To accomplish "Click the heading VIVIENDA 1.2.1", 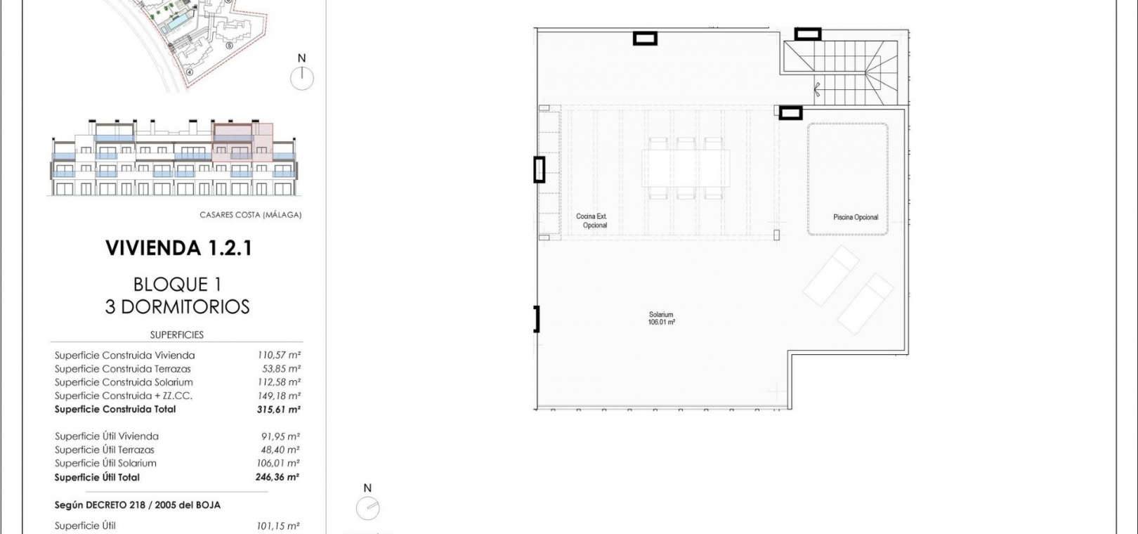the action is (x=178, y=248).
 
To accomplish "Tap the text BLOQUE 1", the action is (x=177, y=285).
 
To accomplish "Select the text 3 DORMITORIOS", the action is (x=177, y=307).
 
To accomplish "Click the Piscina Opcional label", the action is (x=856, y=217).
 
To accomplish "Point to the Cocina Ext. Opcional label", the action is (x=592, y=221).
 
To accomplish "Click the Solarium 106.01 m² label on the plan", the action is (x=662, y=318).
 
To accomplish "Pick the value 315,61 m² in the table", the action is (x=278, y=410).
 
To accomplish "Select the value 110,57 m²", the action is (x=279, y=355).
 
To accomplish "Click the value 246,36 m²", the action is (x=277, y=477).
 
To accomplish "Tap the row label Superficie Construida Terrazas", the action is (x=122, y=369).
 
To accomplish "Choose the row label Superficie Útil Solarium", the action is (x=105, y=463).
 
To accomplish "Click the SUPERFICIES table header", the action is (x=177, y=335).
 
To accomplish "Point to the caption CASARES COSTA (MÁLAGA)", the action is (x=251, y=215).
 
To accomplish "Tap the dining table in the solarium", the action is (x=686, y=168).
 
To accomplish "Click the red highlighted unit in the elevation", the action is (x=242, y=143).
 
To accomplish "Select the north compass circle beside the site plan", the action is (x=302, y=79).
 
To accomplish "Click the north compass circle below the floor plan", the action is (x=368, y=508).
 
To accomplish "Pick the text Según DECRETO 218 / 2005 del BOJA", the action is (x=137, y=506).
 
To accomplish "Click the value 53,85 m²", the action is (x=279, y=369).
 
